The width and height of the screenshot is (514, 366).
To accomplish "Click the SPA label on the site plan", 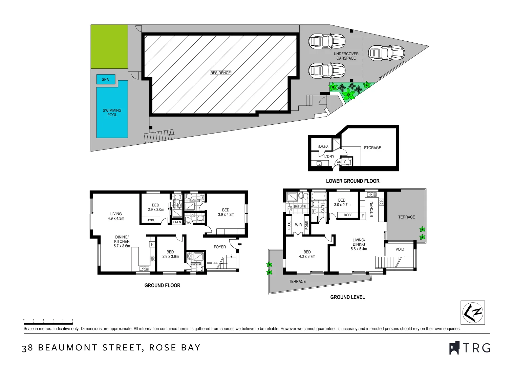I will (105, 79).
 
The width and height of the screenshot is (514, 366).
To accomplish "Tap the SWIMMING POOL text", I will (112, 113).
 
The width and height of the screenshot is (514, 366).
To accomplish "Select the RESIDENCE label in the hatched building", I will (220, 73).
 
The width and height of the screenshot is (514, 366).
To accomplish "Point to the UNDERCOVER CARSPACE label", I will (346, 56).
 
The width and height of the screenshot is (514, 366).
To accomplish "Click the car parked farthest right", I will (386, 53).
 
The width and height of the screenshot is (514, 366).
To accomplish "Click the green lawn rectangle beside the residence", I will (109, 46).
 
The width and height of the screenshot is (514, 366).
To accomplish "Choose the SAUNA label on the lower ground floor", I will (323, 147).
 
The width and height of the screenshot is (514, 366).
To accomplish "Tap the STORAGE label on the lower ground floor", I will (372, 148).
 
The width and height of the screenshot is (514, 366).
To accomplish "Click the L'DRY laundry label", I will (329, 157).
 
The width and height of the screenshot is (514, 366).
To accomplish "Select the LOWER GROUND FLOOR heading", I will (352, 181).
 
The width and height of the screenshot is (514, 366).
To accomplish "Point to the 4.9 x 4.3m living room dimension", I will (116, 219).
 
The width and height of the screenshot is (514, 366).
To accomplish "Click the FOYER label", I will (220, 247).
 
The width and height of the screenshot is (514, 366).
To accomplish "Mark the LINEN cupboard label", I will (177, 222).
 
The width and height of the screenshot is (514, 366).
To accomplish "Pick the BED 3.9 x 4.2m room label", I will (226, 212).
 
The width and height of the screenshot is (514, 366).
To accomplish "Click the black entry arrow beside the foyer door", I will (240, 244).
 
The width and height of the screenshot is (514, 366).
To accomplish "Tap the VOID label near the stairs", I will (400, 249).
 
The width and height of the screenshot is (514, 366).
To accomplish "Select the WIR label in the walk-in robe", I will (298, 225).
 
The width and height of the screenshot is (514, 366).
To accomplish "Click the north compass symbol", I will (472, 312).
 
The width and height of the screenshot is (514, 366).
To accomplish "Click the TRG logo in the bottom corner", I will (470, 348).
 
